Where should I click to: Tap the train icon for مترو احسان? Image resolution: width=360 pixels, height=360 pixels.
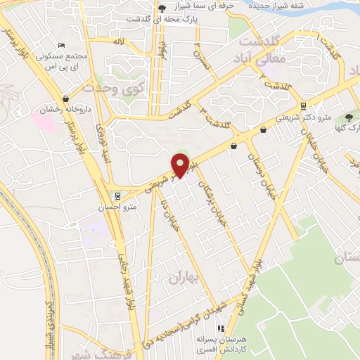pyautogui.click(x=118, y=196)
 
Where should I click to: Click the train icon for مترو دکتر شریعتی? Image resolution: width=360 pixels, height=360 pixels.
pyautogui.click(x=303, y=108)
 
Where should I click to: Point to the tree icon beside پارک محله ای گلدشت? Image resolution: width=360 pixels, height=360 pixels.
pyautogui.click(x=162, y=7)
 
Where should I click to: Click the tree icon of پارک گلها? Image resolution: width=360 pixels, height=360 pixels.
pyautogui.click(x=349, y=117)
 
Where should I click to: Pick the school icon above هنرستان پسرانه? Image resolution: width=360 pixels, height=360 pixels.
pyautogui.click(x=221, y=328)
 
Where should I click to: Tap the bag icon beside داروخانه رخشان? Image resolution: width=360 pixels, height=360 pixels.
pyautogui.click(x=65, y=99)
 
